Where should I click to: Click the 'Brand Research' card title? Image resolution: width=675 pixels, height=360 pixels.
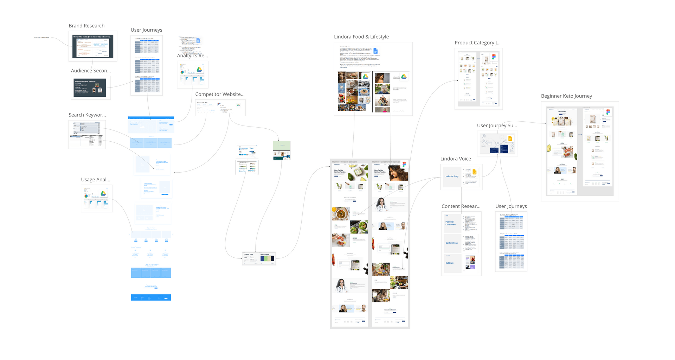86,26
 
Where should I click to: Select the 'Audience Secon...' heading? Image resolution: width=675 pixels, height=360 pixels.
91,71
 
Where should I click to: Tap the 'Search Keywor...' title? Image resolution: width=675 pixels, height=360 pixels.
87,115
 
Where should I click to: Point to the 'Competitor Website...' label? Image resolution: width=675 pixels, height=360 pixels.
220,94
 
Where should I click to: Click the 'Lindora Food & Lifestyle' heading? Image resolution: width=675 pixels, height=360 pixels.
361,37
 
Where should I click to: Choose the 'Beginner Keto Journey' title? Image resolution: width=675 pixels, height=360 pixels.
566,96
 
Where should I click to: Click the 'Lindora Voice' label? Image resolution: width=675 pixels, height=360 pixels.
456,159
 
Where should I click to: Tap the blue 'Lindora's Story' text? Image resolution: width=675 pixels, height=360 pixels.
451,176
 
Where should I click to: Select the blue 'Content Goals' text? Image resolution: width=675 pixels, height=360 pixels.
452,243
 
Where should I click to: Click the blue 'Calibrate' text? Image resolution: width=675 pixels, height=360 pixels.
450,263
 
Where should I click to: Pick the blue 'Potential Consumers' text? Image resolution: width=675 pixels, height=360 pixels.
451,223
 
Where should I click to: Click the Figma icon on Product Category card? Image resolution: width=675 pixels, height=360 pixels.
494,57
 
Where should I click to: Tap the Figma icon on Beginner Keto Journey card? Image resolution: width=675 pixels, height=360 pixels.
608,112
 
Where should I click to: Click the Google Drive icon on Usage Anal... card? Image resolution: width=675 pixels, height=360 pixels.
103,193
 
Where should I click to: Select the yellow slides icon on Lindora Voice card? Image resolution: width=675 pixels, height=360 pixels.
475,172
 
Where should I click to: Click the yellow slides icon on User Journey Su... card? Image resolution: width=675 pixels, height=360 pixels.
510,139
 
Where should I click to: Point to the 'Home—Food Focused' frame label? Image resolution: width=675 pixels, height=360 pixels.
344,162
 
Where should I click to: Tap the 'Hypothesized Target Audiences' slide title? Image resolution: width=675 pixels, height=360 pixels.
85,82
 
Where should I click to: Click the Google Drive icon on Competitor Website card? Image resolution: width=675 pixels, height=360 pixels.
238,105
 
